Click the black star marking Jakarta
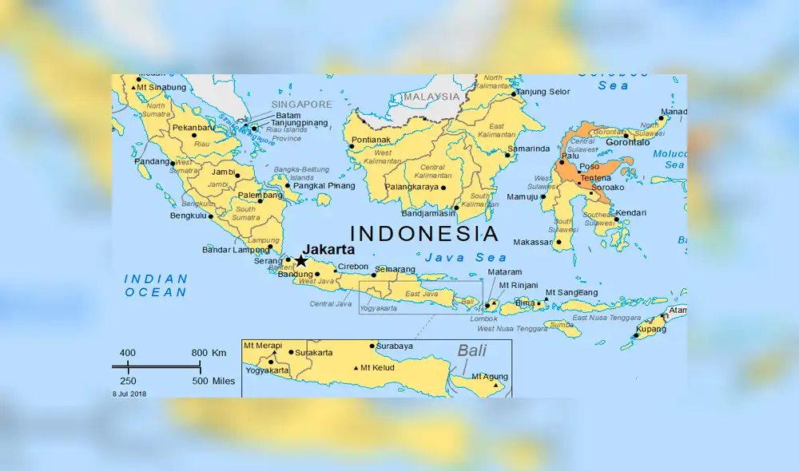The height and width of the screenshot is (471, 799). [x=301, y=261]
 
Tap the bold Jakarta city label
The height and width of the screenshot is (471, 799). [x=328, y=248]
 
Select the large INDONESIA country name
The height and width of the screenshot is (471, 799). [x=425, y=233]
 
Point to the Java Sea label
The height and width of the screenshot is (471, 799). [x=466, y=257]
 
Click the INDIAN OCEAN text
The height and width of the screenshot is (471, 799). [x=156, y=286]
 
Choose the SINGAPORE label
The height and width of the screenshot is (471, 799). [x=301, y=105]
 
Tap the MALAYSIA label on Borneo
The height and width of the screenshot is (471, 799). [x=432, y=97]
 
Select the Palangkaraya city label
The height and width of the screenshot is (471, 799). [x=412, y=188]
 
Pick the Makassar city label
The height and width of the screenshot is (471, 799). [x=532, y=242]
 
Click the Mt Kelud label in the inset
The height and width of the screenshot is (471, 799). [x=377, y=368]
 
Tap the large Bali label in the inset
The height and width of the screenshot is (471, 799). [x=471, y=350]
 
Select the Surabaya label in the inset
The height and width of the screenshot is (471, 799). [x=395, y=346]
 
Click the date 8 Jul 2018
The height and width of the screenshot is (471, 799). [x=129, y=393]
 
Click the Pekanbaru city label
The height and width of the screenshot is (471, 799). [x=193, y=128]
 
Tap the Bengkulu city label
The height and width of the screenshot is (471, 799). [x=189, y=216]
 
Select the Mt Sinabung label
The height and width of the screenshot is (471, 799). [x=161, y=87]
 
